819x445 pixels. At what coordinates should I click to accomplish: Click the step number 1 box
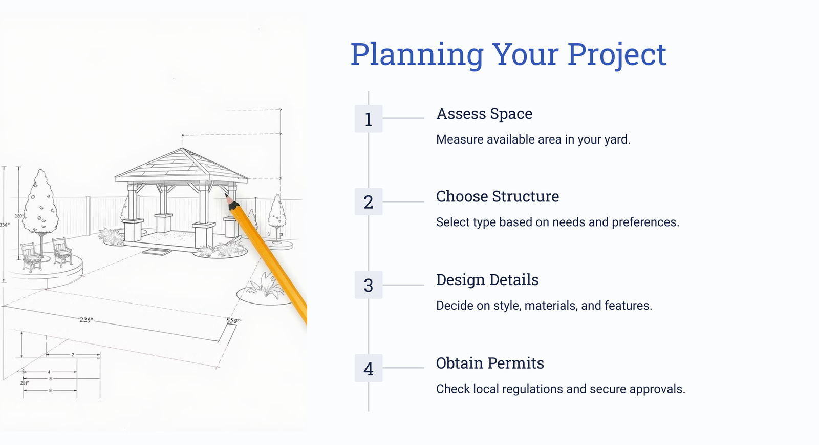coord(369,118)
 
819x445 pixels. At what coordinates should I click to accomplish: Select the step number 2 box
coord(369,202)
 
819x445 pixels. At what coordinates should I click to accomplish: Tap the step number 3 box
coord(369,285)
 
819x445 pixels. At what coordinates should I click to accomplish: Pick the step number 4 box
coord(369,368)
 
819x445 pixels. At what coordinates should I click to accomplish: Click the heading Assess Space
coord(484,114)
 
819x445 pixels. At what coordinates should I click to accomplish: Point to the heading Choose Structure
coord(497,197)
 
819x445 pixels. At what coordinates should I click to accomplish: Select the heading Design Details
coord(487,280)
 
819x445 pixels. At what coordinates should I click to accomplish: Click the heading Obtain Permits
coord(490,363)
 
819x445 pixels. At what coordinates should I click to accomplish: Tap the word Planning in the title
coord(417,55)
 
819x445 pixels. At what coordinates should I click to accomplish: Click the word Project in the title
coord(617,55)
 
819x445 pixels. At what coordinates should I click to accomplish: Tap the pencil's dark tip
coord(229,199)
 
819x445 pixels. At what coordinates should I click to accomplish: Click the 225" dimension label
coord(87,320)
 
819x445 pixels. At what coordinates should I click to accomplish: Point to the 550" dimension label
coord(233,321)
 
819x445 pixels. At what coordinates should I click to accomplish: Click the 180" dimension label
coord(19,216)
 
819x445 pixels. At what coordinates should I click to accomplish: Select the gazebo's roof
coord(181,166)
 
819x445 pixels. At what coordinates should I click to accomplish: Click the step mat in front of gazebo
coord(157,252)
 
